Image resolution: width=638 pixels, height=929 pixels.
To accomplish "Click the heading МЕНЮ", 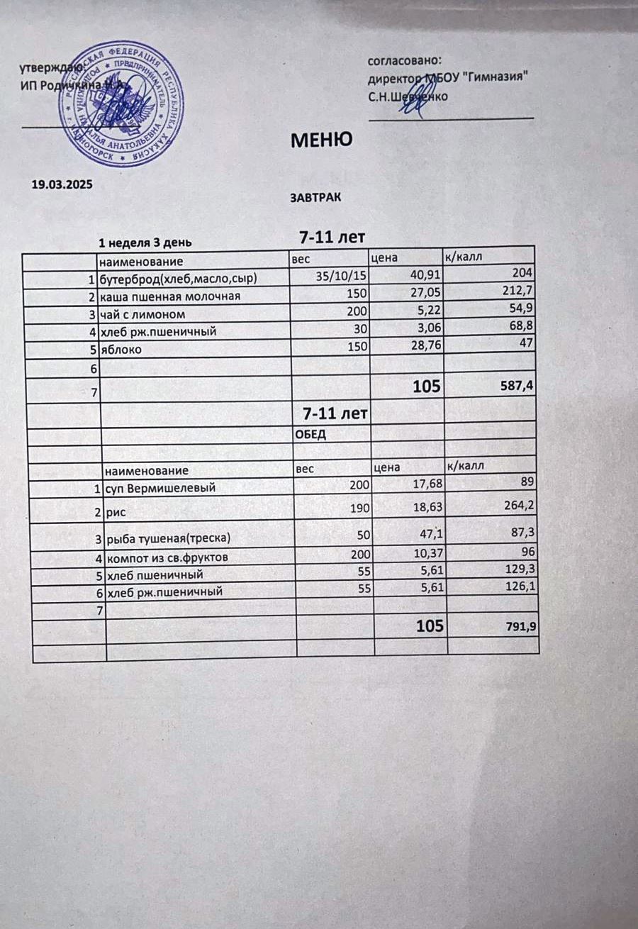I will (x=322, y=140).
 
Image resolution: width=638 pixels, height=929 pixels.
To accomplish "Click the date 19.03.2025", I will (x=63, y=184).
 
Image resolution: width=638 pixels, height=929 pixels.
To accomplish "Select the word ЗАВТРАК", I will (x=315, y=198).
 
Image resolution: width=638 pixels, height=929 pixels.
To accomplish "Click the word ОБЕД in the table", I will (x=311, y=435).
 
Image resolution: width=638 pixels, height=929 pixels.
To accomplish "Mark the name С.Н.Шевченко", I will (x=408, y=96).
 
